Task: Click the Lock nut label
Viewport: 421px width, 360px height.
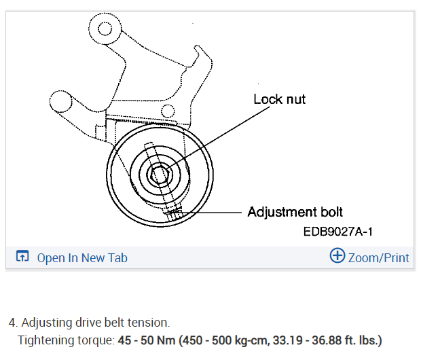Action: (279, 99)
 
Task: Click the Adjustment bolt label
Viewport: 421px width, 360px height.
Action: (295, 212)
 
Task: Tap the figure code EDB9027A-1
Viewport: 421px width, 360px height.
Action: (338, 232)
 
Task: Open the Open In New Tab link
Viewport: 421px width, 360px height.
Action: (81, 257)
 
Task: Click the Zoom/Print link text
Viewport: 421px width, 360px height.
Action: (378, 257)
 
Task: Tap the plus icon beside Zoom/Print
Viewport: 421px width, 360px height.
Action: (337, 256)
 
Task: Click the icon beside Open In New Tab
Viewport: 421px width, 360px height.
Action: (22, 257)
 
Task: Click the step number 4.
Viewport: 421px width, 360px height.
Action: (12, 322)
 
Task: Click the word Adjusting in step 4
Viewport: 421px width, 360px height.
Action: (45, 322)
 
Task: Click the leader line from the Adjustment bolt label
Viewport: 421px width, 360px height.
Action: (210, 213)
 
